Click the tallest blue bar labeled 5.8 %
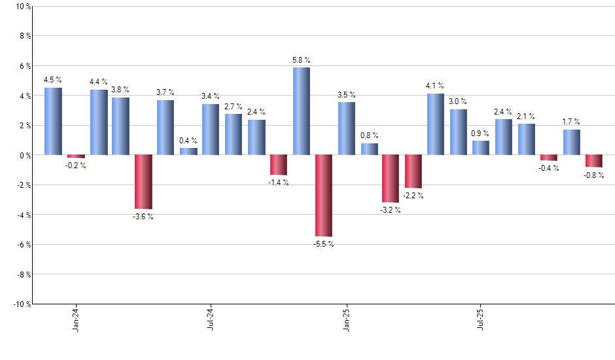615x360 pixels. point(301,111)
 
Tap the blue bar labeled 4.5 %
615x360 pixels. point(53,121)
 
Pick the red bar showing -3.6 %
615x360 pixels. point(143,181)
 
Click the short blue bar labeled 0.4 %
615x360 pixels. point(188,151)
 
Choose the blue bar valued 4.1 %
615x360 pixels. point(436,124)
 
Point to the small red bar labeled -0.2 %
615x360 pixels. point(76,156)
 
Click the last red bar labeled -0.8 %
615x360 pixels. point(594,161)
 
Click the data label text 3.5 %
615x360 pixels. point(347,95)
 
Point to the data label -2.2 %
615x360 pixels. point(413,195)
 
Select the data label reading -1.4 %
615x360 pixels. point(278,183)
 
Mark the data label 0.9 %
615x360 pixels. point(480,134)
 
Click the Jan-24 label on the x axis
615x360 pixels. point(76,319)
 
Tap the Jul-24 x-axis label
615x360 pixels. point(211,319)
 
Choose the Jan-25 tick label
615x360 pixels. point(346,319)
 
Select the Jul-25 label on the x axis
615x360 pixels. point(481,319)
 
